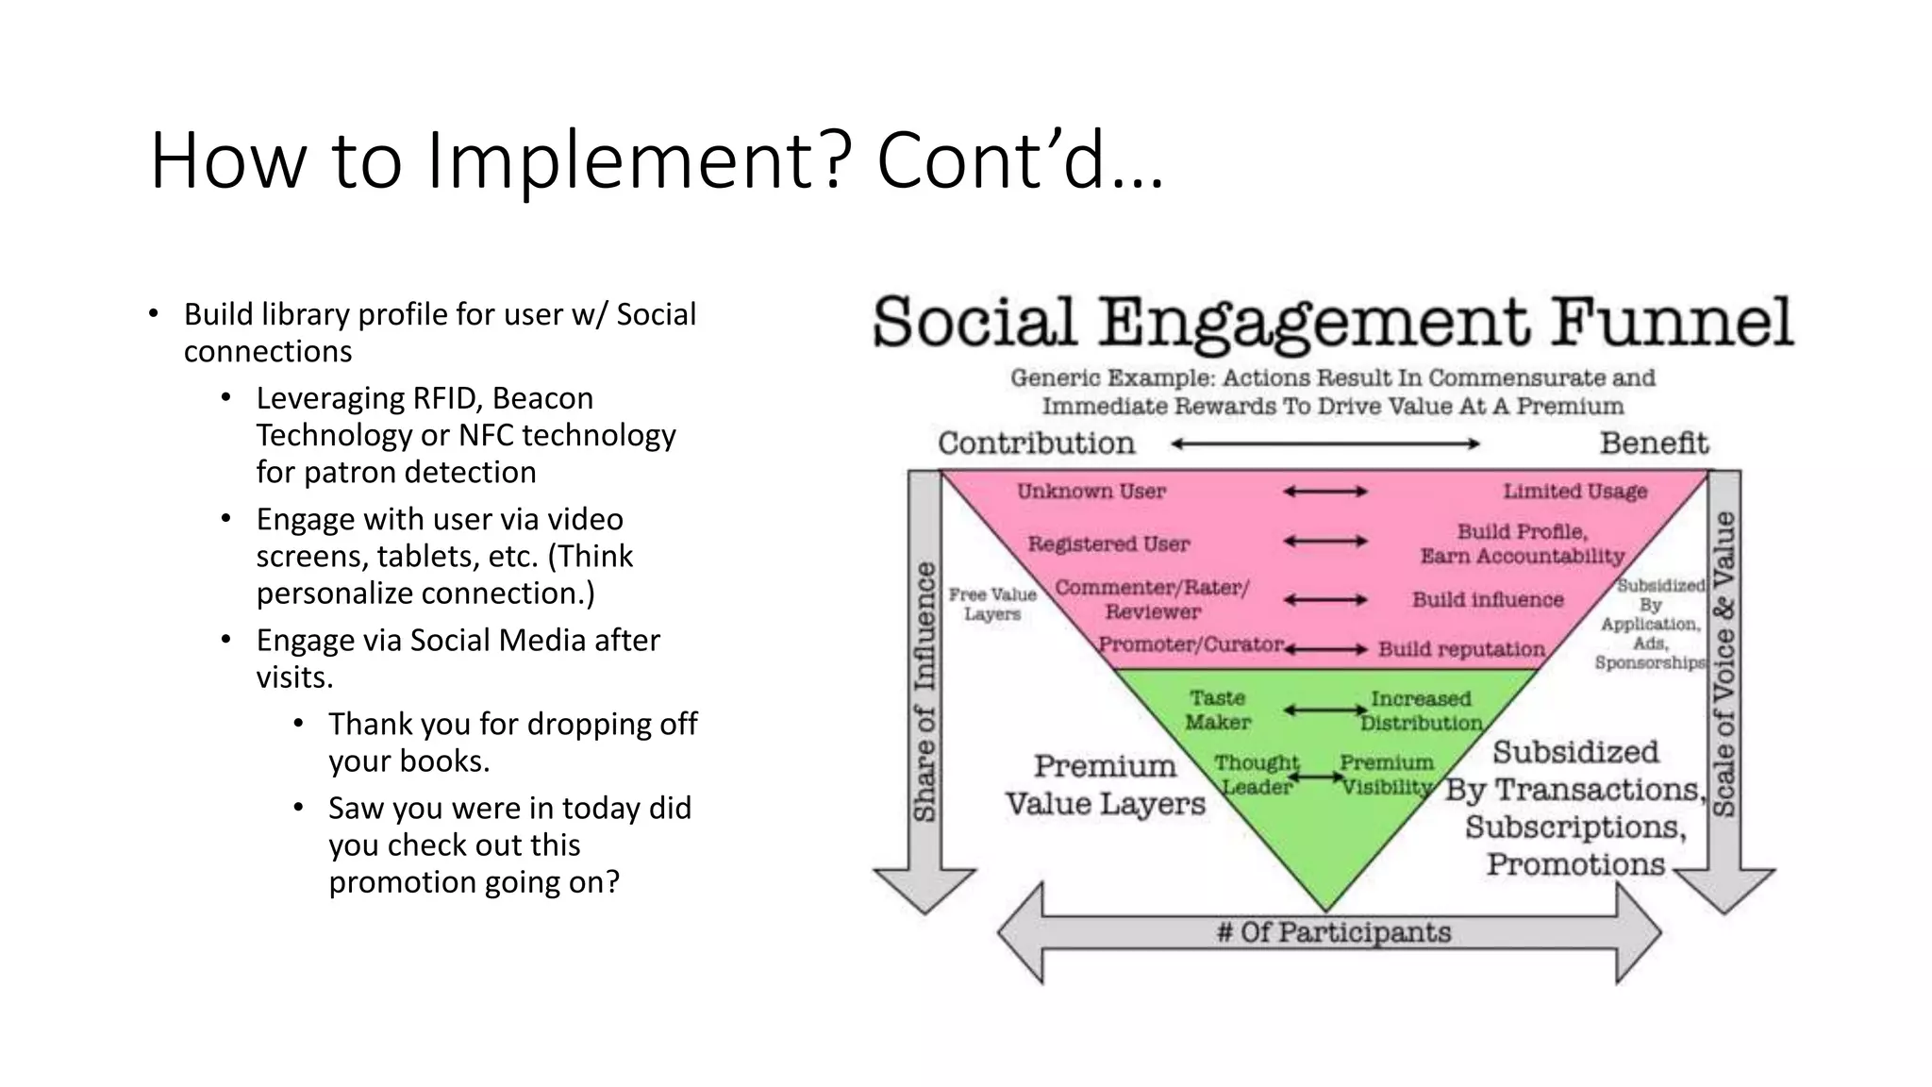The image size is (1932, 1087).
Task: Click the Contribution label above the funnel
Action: (1036, 443)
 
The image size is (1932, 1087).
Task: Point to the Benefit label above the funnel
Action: (1654, 443)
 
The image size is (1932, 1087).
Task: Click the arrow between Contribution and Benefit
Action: (1324, 443)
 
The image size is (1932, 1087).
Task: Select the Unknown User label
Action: (1091, 491)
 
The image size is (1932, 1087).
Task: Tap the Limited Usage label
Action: (1574, 491)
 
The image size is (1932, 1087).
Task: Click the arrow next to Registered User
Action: (1324, 542)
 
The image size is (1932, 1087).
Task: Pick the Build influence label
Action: (1487, 599)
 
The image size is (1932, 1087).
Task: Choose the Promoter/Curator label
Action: (1191, 644)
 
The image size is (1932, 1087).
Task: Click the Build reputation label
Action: (1461, 649)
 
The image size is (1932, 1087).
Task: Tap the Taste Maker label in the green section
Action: (1217, 710)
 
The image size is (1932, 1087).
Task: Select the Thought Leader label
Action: (1256, 774)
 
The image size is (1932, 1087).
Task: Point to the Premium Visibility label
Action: (1386, 774)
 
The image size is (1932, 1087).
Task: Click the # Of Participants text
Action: (1333, 932)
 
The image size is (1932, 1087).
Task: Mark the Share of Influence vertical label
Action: (924, 691)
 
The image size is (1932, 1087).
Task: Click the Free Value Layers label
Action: (991, 604)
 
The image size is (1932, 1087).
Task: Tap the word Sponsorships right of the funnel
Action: (1650, 662)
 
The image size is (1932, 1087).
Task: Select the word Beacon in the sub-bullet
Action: (542, 398)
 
